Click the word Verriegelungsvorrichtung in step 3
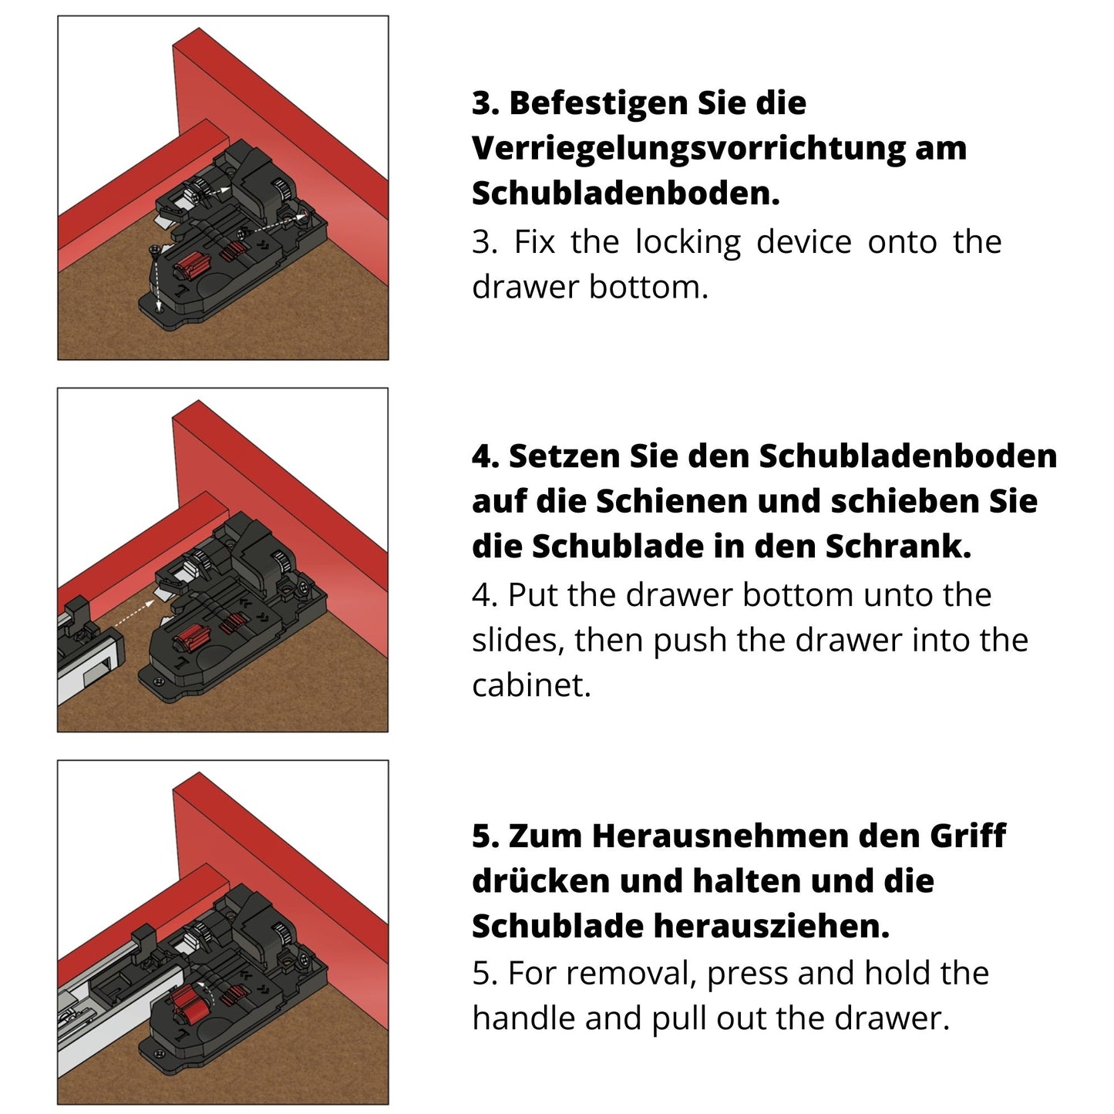pos(688,149)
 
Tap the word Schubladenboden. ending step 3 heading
pos(625,194)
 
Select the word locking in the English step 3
pos(688,243)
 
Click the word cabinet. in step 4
pos(531,685)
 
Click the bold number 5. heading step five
pos(486,836)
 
